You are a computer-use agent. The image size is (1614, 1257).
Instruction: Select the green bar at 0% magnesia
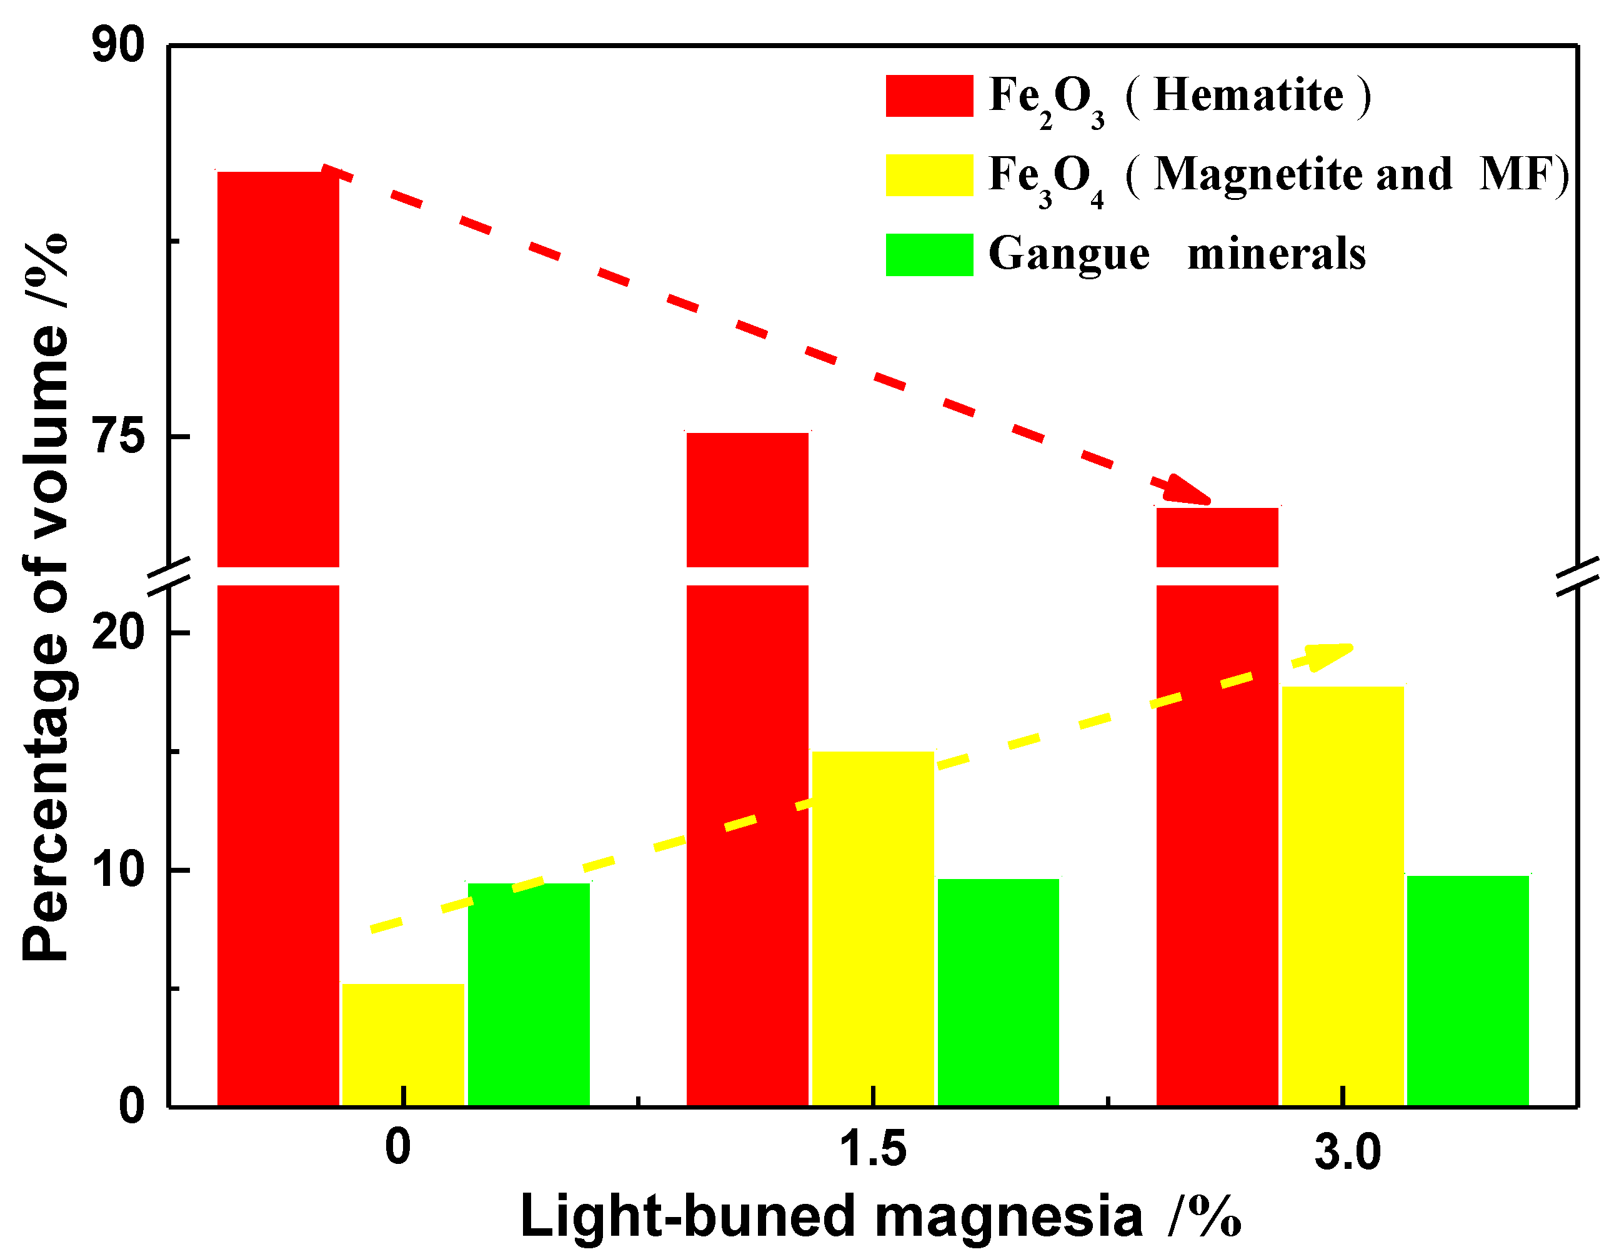pos(529,994)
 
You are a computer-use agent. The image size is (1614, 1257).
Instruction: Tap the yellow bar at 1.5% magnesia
pos(873,927)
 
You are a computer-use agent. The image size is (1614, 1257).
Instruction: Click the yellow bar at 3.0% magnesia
pos(1343,894)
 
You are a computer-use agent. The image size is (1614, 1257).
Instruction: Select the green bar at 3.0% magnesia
pos(1468,990)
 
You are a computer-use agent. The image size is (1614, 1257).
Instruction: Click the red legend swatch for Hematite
pos(929,96)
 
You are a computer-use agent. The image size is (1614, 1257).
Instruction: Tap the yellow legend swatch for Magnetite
pos(929,175)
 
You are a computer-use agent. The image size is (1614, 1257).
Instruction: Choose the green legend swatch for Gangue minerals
pos(929,255)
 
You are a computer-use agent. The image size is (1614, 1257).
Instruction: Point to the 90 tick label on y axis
pos(118,46)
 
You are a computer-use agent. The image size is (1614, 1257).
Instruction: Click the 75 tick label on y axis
pos(118,436)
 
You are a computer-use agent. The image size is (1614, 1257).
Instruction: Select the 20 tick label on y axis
pos(118,633)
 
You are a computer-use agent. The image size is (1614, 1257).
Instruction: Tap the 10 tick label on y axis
pos(118,870)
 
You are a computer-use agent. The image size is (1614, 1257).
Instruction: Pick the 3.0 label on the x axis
pos(1347,1152)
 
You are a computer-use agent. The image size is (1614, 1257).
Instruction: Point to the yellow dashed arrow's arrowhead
pos(1330,654)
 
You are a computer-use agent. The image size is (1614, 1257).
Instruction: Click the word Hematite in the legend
pos(1248,96)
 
